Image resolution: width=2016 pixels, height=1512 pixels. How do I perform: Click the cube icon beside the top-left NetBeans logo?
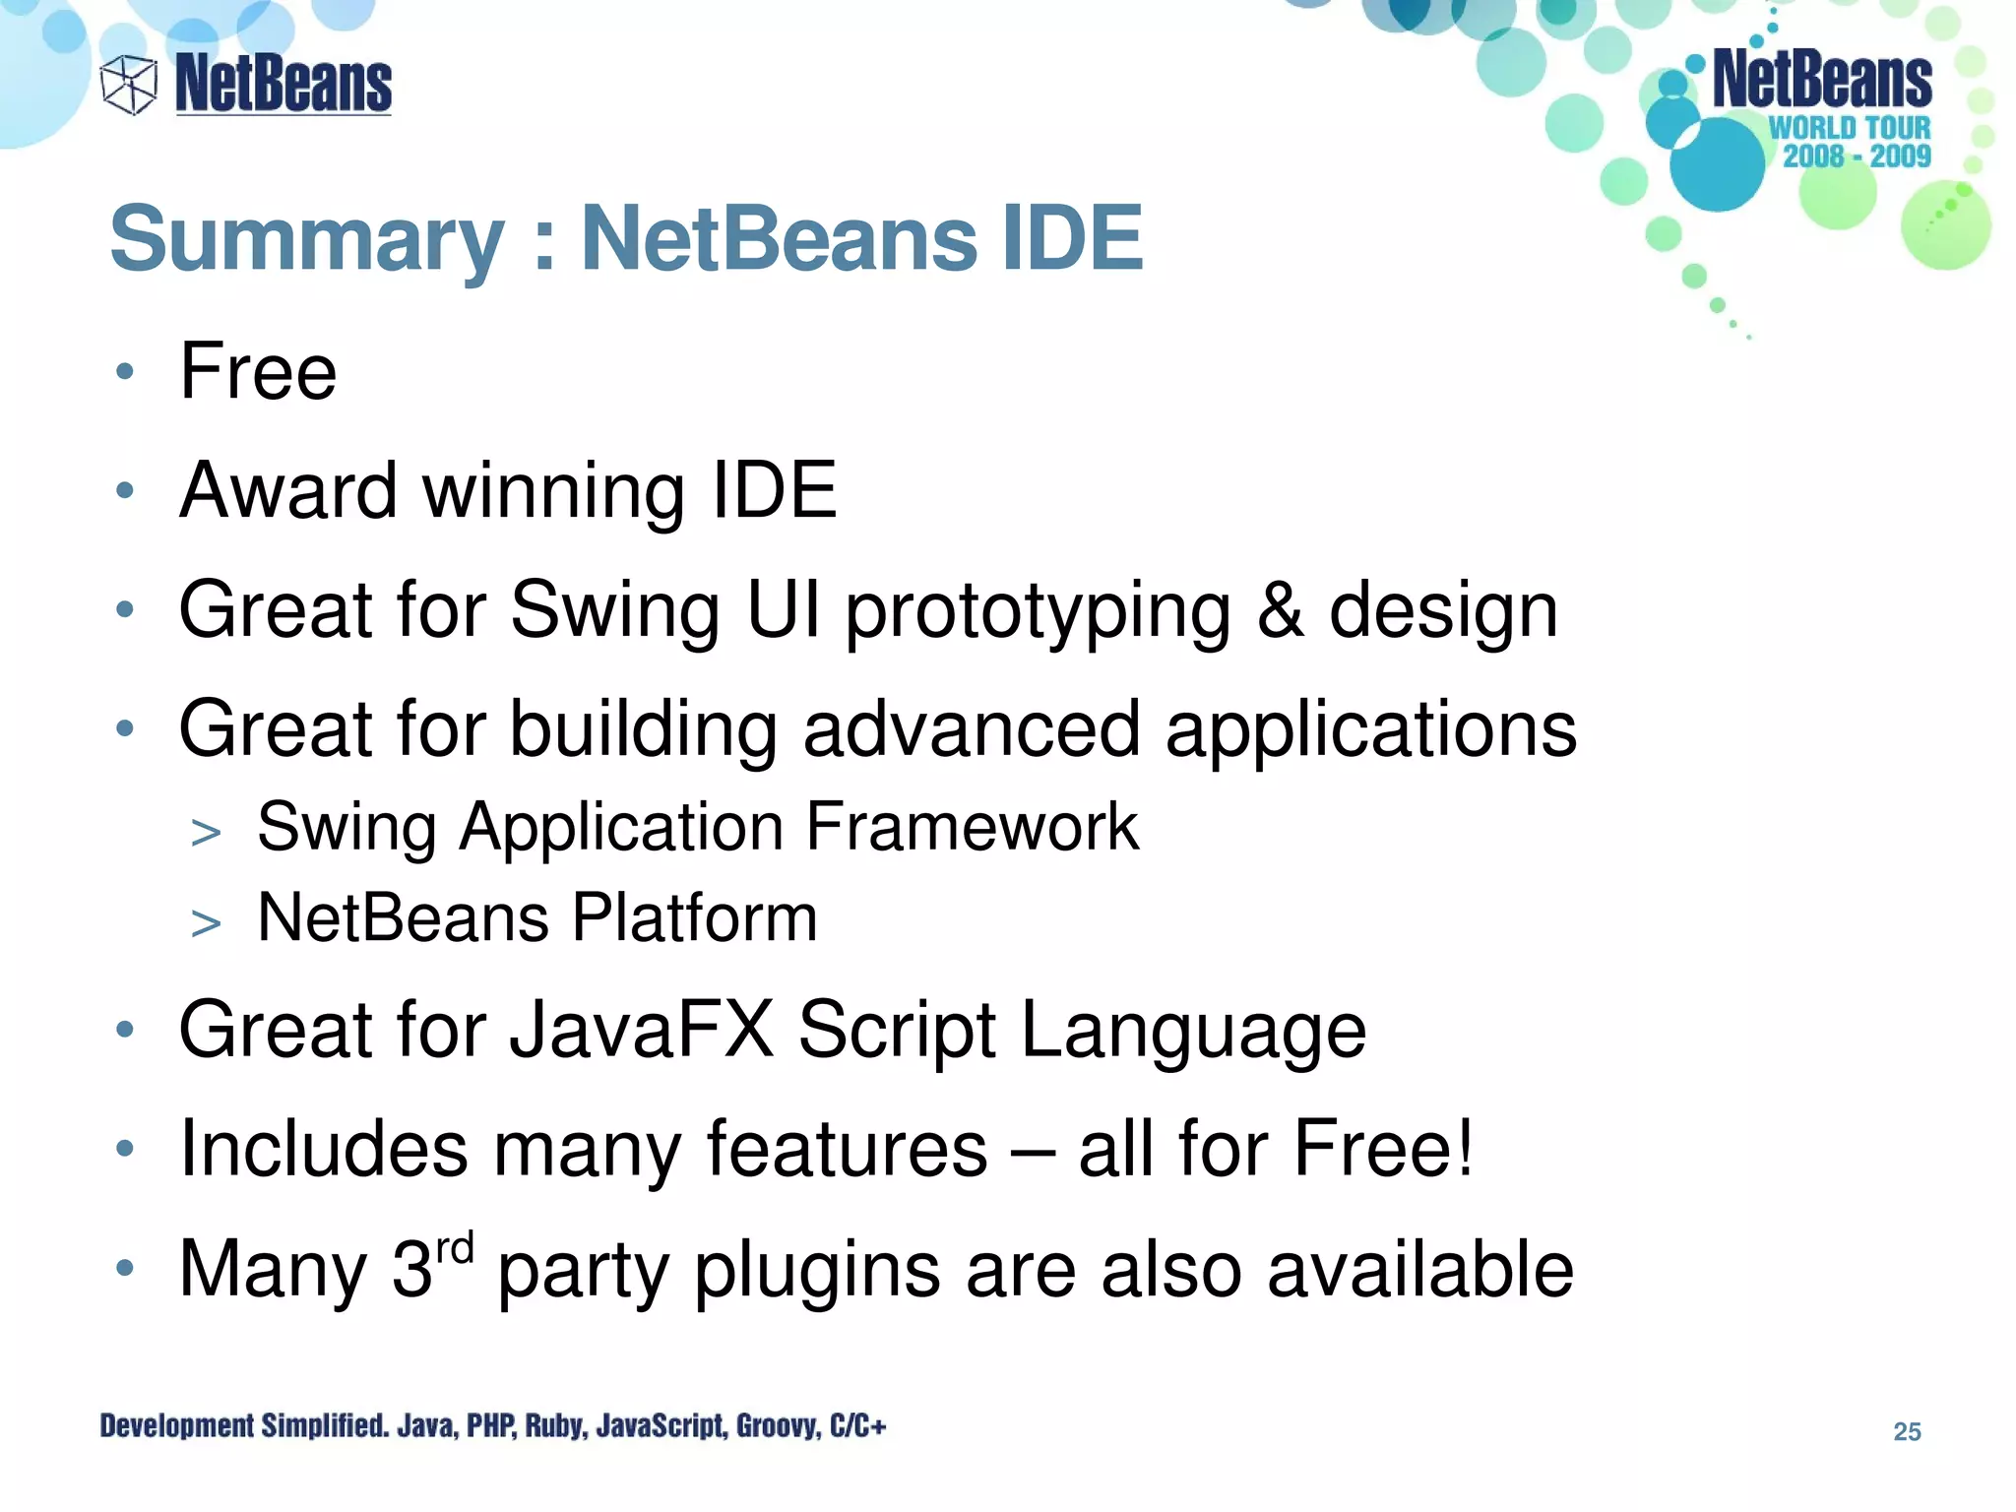[129, 85]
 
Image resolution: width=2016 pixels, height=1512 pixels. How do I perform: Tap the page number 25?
[1907, 1431]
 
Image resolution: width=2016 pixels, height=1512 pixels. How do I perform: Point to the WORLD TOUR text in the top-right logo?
[1850, 128]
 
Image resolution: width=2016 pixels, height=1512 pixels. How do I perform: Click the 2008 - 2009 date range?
[1857, 156]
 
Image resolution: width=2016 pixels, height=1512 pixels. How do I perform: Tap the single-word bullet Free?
[258, 371]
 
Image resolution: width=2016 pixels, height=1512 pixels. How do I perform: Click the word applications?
[1370, 730]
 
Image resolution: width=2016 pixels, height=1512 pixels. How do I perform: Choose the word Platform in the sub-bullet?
[694, 917]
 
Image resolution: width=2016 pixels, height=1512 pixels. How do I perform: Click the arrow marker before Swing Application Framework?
[206, 833]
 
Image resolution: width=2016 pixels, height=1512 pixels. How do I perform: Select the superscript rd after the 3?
[455, 1249]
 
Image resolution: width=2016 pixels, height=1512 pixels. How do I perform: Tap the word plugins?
[817, 1271]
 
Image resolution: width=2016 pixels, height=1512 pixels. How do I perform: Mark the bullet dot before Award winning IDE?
[124, 490]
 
